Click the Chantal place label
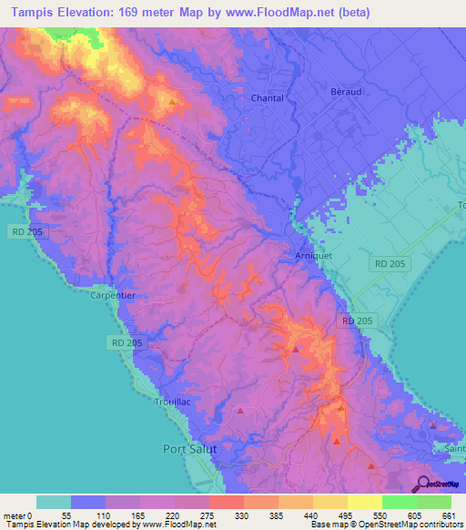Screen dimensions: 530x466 click(x=267, y=98)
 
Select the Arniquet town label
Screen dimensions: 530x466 click(x=314, y=257)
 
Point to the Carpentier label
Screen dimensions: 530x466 click(x=112, y=296)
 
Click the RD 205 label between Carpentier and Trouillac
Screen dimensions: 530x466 click(x=122, y=342)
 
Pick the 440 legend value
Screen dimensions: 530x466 click(x=312, y=515)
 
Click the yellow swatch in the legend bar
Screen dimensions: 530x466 click(x=364, y=502)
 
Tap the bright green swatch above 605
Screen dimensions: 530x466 click(x=399, y=502)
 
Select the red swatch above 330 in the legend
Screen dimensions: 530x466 click(x=226, y=502)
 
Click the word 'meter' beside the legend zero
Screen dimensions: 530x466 click(x=15, y=515)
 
